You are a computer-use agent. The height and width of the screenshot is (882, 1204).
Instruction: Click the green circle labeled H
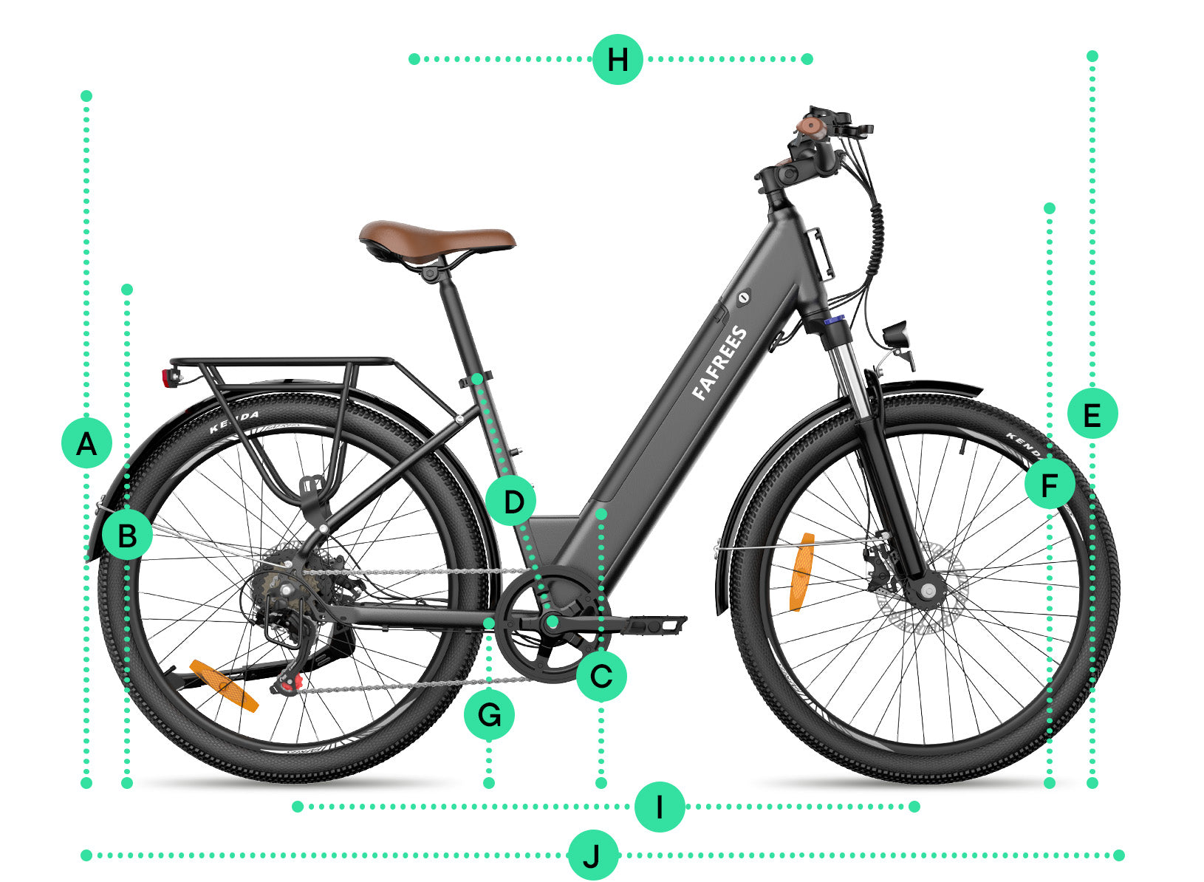click(618, 59)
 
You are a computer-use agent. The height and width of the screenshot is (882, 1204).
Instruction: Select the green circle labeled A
click(86, 444)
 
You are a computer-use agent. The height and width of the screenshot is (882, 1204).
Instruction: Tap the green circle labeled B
click(127, 536)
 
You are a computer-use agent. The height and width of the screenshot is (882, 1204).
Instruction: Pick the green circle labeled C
click(601, 677)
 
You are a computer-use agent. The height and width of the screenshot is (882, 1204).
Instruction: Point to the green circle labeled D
click(511, 501)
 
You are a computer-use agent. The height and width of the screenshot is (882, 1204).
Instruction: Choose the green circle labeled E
click(1092, 414)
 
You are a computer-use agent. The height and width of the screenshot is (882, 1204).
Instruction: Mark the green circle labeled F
click(1050, 484)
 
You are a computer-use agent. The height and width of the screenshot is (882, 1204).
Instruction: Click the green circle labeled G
click(489, 715)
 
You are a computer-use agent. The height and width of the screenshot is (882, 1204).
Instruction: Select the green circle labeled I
click(660, 806)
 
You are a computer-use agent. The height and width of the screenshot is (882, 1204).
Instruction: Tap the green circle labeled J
click(593, 855)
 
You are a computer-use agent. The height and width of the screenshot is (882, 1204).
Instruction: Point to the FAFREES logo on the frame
click(719, 363)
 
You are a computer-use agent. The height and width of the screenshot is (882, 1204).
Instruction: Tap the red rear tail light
click(168, 378)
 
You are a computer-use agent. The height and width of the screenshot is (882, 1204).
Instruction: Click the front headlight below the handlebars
click(896, 335)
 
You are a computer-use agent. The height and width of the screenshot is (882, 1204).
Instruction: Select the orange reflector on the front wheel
click(801, 572)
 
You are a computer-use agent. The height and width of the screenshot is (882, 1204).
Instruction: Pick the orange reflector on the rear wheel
click(224, 686)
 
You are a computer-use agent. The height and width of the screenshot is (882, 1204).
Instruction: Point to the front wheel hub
click(928, 591)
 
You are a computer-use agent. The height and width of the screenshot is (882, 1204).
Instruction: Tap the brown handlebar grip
click(810, 128)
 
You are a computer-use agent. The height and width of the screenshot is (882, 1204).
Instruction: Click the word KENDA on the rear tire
click(234, 422)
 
